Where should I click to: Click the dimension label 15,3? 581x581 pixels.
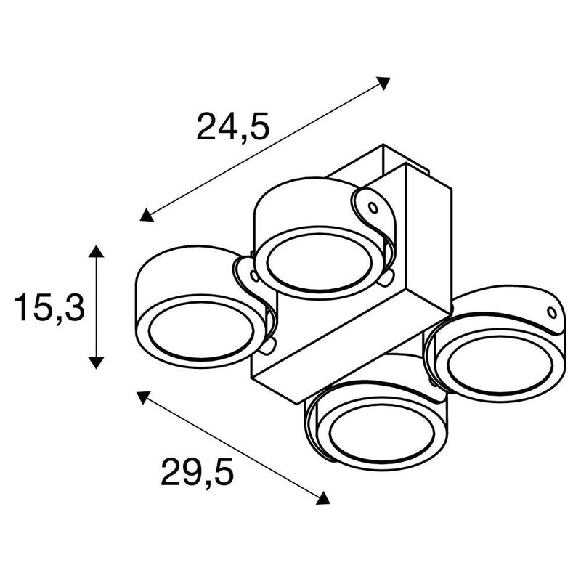click(49, 307)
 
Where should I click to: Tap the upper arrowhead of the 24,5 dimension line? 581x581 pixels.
click(383, 83)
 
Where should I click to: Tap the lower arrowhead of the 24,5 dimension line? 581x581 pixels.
click(147, 215)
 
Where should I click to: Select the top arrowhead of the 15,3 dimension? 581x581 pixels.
click(96, 251)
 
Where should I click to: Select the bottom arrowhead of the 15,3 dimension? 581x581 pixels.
click(96, 362)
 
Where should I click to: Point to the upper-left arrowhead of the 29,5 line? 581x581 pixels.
click(143, 397)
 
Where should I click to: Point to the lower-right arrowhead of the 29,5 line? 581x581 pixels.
click(322, 498)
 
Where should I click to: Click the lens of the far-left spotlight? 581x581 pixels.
click(202, 332)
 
